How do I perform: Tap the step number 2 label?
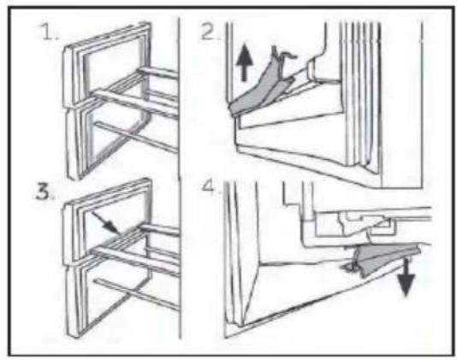coord(211,32)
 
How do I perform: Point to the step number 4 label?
coord(211,186)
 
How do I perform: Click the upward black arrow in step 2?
coord(244,62)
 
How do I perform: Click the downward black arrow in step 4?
coord(407,277)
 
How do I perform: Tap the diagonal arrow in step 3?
coord(106,223)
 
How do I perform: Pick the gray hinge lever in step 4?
coord(382,258)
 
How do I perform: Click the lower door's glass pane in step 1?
coord(114,137)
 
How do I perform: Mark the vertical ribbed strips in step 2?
coord(361,96)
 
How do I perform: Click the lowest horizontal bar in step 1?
coord(136,137)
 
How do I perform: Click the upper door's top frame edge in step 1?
coord(107,36)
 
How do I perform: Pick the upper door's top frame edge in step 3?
coord(107,192)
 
